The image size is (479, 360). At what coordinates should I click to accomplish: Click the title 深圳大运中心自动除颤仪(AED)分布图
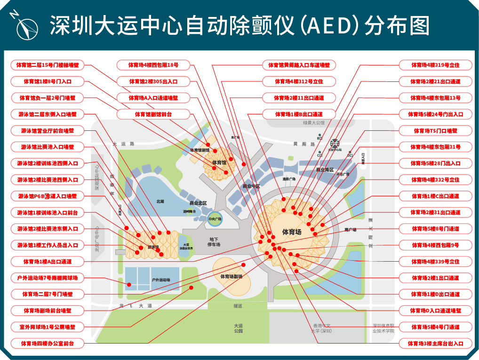239,26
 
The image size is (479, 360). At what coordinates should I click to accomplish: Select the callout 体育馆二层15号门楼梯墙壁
48,65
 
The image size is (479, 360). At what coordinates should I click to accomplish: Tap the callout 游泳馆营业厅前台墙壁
48,130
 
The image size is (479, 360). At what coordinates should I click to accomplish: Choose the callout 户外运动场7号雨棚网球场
48,278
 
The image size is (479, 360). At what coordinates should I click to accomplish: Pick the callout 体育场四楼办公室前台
48,343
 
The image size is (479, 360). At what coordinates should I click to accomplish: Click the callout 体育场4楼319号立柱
435,65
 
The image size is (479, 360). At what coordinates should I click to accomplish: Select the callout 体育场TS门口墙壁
435,130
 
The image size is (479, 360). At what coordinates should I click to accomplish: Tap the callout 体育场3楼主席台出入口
435,344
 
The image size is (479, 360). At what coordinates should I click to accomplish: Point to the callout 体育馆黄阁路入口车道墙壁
299,65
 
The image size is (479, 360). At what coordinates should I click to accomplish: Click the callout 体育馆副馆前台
153,114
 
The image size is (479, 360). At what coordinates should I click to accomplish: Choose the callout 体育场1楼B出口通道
299,114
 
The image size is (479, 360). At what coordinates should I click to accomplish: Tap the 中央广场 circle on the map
214,219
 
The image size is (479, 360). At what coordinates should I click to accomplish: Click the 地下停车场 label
214,242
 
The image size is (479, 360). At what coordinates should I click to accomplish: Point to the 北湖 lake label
160,201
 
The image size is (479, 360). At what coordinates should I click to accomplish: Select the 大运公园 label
239,328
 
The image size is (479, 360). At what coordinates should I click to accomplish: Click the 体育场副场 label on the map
231,276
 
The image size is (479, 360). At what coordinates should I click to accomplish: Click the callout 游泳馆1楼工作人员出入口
48,245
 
